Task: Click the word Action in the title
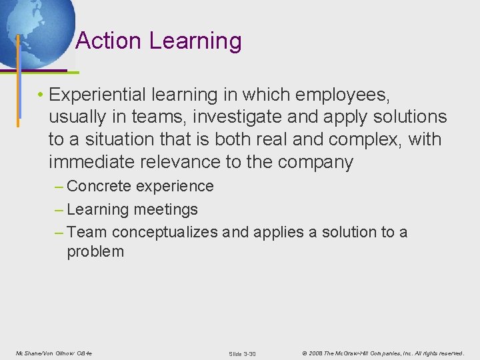click(109, 41)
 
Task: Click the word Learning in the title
click(195, 41)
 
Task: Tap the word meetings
click(165, 209)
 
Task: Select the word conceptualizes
click(165, 232)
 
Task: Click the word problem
click(95, 251)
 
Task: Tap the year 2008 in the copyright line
click(315, 353)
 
